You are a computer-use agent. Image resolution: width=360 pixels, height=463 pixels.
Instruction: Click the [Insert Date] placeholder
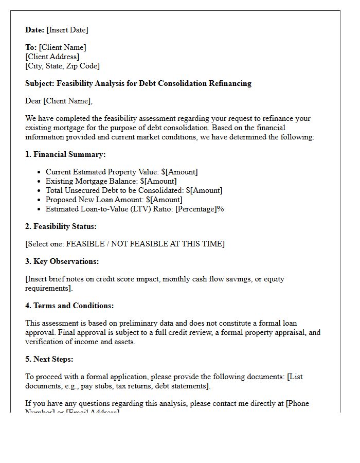pos(67,30)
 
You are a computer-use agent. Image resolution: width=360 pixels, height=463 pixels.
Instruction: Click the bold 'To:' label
pos(31,47)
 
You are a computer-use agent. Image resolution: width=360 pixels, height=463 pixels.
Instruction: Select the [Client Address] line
pos(52,57)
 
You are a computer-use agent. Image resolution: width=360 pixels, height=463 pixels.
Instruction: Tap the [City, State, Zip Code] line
pos(62,66)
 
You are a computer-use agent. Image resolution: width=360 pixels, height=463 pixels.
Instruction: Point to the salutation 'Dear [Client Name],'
pos(59,101)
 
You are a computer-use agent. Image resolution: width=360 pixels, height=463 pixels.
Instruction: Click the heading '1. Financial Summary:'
pos(65,154)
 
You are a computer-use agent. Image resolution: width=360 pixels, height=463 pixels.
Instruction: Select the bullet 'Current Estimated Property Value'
pos(121,172)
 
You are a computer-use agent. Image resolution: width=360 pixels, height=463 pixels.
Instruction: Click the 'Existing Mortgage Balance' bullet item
pos(111,181)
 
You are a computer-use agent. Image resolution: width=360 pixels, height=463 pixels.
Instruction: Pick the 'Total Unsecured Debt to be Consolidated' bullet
pos(134,190)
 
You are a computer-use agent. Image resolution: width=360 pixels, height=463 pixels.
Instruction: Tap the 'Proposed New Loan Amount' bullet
pos(114,200)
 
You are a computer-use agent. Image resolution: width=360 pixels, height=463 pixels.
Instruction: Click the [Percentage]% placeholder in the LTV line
pos(200,209)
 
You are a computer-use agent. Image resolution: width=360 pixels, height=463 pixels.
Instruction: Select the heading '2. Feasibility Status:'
pos(61,226)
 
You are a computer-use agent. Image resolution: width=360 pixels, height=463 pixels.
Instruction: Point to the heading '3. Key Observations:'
pos(62,261)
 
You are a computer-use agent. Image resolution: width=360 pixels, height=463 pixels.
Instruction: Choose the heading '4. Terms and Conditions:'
pos(69,306)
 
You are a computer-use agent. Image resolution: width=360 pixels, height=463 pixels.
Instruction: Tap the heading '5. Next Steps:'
pos(49,359)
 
